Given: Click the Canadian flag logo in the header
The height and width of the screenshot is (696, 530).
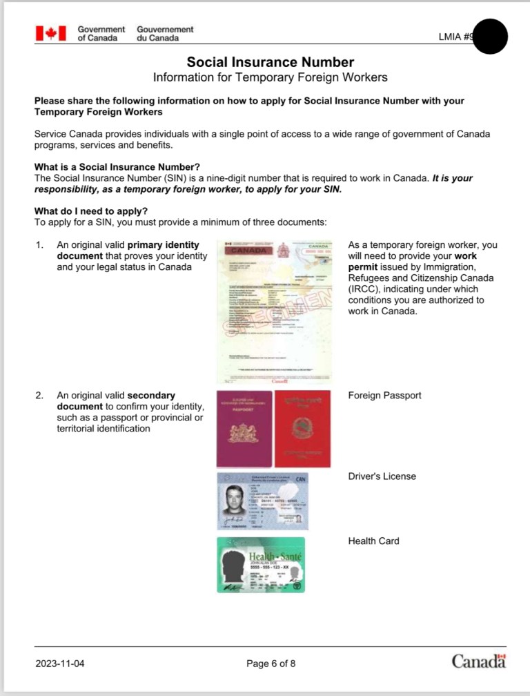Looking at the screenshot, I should tap(51, 33).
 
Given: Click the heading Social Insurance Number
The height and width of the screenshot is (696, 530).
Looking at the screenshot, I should tap(271, 62).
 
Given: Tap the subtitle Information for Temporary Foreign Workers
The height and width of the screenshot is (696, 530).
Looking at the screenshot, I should tap(271, 77).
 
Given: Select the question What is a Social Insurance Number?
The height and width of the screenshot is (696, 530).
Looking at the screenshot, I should tap(117, 166).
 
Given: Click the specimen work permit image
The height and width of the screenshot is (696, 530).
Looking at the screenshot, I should tap(275, 312).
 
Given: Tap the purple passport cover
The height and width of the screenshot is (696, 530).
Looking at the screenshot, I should tap(244, 429).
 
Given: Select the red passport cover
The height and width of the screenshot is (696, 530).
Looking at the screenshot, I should tap(302, 429).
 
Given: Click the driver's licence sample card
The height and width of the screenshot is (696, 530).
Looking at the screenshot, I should tap(262, 501).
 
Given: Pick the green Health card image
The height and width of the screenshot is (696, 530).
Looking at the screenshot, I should tap(261, 565).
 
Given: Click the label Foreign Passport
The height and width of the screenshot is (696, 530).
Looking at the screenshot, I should tap(384, 396).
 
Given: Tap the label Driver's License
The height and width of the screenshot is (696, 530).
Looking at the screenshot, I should tap(382, 476).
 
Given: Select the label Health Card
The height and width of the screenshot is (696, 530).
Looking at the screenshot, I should tap(373, 541).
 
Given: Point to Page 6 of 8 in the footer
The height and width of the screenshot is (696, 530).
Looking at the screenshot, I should tap(271, 664).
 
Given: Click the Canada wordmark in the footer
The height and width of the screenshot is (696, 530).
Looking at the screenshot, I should tap(479, 661).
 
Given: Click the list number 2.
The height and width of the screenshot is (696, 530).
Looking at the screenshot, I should tap(39, 396).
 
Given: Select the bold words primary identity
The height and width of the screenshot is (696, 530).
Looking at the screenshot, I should tap(164, 245).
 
